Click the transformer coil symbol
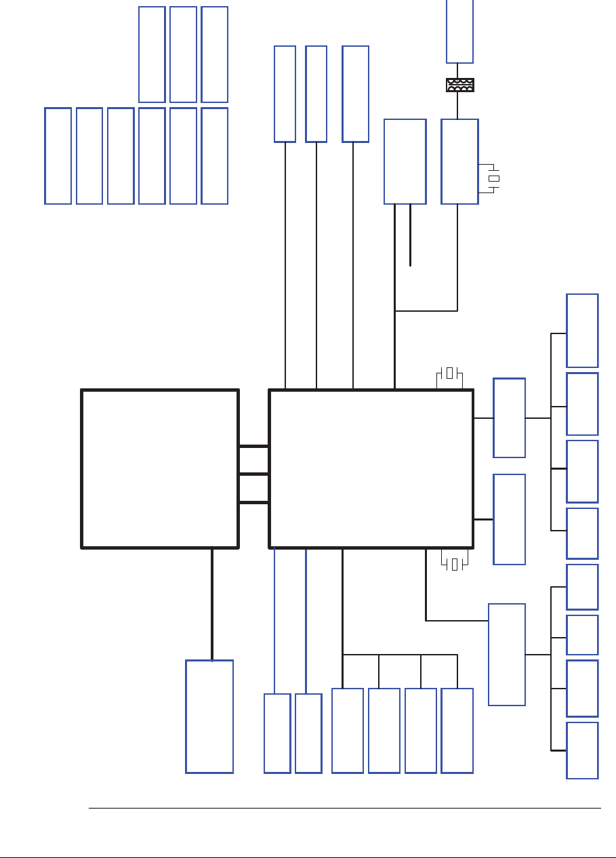(x=459, y=85)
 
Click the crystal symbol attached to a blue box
(x=494, y=178)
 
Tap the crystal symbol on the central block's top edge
(x=449, y=373)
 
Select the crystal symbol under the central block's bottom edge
(x=454, y=564)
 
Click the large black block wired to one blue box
(x=160, y=468)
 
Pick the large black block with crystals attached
(x=371, y=468)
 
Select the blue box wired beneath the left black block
(x=209, y=716)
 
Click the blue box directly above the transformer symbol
(x=459, y=30)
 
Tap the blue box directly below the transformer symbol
(x=459, y=161)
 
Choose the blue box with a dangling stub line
(x=405, y=161)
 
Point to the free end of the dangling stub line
(x=411, y=266)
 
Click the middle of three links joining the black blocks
(x=253, y=474)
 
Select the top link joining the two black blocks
(x=253, y=446)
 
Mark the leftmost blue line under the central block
(x=274, y=620)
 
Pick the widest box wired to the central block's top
(x=356, y=94)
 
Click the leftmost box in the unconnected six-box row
(x=58, y=155)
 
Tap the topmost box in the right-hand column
(x=582, y=331)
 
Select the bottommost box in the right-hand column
(x=582, y=750)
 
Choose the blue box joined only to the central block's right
(x=509, y=519)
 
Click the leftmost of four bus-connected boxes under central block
(x=348, y=731)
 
